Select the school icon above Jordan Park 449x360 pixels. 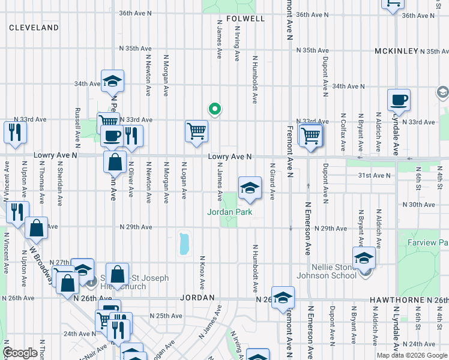tap(250, 189)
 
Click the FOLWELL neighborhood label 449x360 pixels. tap(245, 19)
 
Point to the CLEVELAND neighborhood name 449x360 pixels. tap(34, 28)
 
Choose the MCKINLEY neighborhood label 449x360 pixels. tap(396, 51)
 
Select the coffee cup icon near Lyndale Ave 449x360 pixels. tap(399, 100)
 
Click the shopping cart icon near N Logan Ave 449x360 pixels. tap(196, 131)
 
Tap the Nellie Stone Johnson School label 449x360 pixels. tap(324, 271)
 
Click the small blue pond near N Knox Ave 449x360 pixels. tap(184, 244)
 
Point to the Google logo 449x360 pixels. tap(20, 353)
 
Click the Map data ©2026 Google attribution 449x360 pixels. tap(412, 355)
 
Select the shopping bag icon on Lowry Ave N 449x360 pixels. tap(115, 162)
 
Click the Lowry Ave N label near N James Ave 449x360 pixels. tap(229, 157)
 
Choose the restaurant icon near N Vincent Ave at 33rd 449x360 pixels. tap(14, 133)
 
